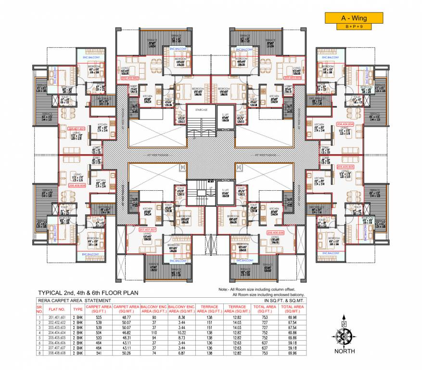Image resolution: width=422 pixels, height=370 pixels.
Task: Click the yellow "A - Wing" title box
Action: pos(354,18)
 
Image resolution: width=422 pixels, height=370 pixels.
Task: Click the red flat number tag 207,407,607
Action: pos(148,230)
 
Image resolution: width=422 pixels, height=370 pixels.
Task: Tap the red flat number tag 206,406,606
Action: pos(276,232)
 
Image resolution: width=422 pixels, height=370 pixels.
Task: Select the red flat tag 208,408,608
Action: pos(77,185)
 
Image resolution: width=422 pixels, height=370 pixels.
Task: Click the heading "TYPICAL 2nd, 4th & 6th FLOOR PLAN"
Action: pos(88,292)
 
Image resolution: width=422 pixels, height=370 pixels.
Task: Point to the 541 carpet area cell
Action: pos(99,353)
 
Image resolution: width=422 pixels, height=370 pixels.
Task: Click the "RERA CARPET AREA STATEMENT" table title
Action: pos(76,300)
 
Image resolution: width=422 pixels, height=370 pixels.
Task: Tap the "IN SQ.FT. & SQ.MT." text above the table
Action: pos(285,300)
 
